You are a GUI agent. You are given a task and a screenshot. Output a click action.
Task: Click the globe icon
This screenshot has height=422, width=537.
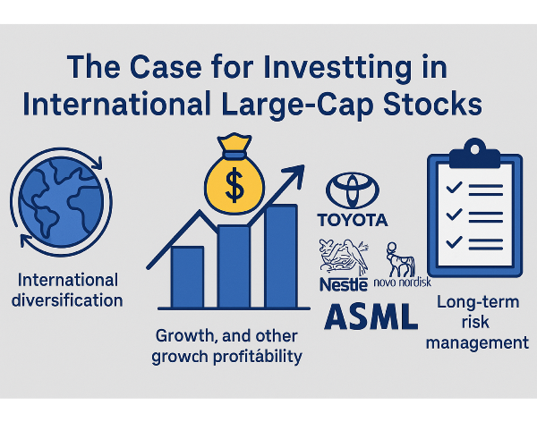(61, 201)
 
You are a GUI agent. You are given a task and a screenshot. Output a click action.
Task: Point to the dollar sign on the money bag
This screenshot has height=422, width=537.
(234, 185)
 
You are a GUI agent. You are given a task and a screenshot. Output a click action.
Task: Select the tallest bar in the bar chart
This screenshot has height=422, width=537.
(281, 257)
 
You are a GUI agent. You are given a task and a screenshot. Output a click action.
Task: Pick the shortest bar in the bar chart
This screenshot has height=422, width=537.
(187, 277)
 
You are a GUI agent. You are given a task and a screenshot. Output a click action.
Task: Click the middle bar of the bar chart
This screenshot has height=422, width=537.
(234, 266)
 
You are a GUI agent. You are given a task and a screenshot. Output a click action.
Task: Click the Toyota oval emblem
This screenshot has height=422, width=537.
(353, 190)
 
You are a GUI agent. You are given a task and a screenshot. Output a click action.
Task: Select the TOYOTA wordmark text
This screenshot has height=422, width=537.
(353, 220)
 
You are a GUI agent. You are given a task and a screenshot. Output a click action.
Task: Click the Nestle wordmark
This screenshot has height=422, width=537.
(344, 284)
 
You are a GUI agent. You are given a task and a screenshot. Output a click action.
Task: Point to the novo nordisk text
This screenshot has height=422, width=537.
(402, 282)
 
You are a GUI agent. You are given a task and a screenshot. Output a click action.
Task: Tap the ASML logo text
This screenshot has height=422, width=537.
(371, 316)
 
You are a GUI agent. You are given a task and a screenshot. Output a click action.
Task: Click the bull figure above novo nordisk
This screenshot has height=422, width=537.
(400, 259)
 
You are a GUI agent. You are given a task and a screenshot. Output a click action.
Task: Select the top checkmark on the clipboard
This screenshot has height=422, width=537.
(454, 188)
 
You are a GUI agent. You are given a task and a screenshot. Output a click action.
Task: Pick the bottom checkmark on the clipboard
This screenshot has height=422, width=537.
(454, 242)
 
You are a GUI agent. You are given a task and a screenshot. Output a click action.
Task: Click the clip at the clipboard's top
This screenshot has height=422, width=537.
(474, 153)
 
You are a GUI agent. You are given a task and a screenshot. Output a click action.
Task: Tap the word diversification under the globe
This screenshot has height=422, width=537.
(67, 300)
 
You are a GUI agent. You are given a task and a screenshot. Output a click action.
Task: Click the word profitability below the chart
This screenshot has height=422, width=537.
(258, 358)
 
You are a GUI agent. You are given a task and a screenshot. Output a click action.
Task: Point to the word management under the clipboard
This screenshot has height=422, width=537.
(477, 343)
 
